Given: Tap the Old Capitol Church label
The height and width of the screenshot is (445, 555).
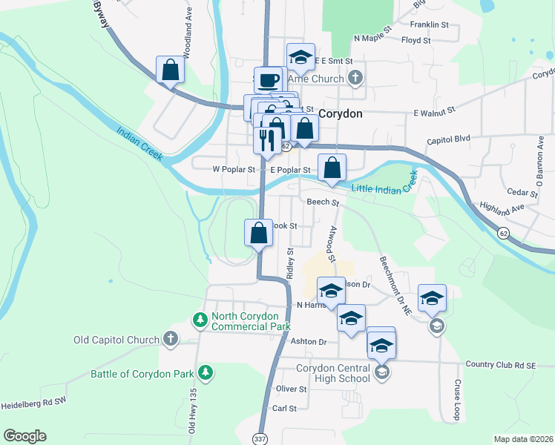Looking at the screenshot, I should [x=116, y=340].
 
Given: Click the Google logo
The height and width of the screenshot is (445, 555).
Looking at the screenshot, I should [x=25, y=436].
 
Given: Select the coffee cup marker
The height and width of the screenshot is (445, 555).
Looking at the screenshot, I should [x=268, y=79].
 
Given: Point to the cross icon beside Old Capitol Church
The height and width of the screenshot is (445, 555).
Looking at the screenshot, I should [x=171, y=340].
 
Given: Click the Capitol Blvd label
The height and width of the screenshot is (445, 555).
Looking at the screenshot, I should [x=449, y=139].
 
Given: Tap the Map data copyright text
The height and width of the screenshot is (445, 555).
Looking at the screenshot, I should [x=524, y=439].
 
